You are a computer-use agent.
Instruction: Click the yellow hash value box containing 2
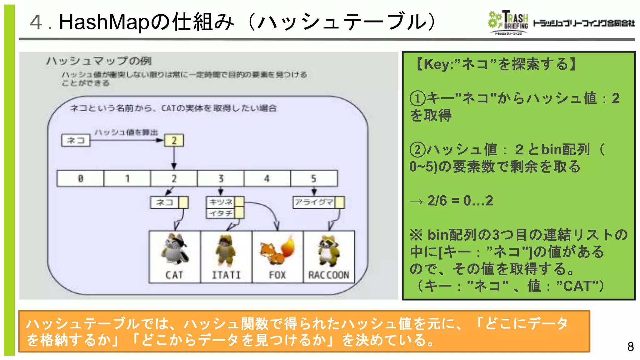(x=174, y=140)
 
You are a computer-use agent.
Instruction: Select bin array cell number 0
(x=80, y=178)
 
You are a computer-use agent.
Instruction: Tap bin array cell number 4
(x=267, y=178)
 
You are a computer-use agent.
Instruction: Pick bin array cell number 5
(x=314, y=178)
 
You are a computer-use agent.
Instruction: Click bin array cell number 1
(x=127, y=178)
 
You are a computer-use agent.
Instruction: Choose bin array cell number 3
(x=221, y=178)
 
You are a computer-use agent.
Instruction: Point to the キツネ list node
(x=221, y=202)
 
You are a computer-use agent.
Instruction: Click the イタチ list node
(x=221, y=213)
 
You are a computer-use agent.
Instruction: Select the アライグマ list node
(x=314, y=202)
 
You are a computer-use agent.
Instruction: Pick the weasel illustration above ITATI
(x=226, y=250)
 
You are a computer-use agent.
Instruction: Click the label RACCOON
(x=328, y=275)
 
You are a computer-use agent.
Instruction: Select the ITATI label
(x=226, y=275)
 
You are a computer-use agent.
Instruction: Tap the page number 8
(x=630, y=347)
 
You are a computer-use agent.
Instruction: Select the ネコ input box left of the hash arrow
(x=76, y=140)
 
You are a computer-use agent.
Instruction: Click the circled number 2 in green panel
(x=417, y=150)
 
